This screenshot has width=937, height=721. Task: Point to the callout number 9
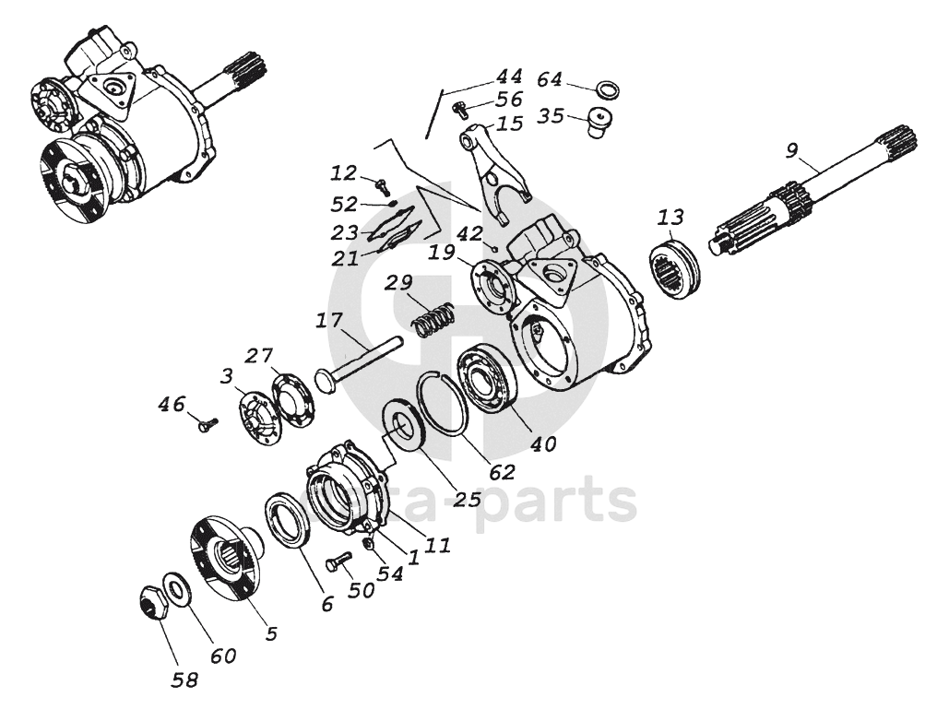click(x=789, y=149)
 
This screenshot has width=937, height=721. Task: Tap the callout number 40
click(x=543, y=443)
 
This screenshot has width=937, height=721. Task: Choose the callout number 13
click(x=670, y=218)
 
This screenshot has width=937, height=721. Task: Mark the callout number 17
click(x=330, y=321)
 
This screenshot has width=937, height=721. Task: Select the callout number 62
click(x=502, y=471)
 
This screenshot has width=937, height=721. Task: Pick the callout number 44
click(x=508, y=77)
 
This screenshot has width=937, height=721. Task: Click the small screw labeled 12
click(x=381, y=184)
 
